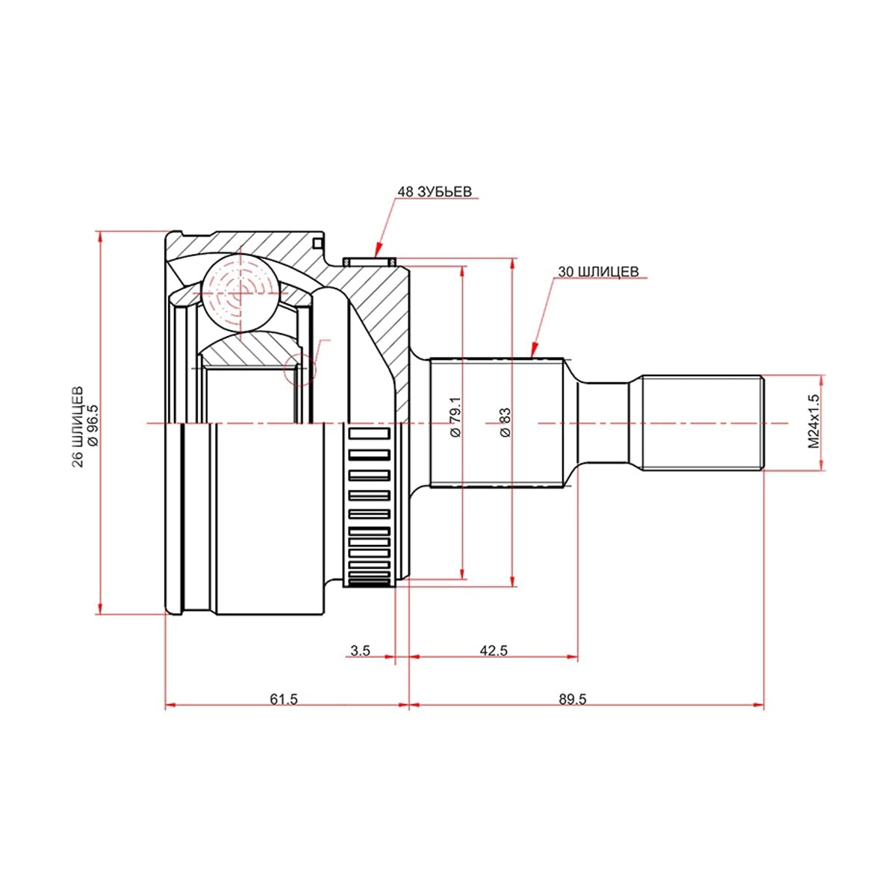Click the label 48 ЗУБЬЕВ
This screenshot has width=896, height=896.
click(x=435, y=192)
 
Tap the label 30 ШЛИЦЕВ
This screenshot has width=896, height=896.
click(x=598, y=272)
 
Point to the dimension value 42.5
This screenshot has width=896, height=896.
click(x=494, y=650)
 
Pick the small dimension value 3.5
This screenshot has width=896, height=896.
click(x=361, y=650)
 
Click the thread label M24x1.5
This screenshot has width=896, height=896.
click(x=813, y=422)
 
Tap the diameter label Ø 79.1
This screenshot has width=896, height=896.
click(x=455, y=417)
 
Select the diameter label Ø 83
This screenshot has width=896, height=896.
click(x=505, y=422)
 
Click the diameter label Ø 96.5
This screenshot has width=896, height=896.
click(x=93, y=426)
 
